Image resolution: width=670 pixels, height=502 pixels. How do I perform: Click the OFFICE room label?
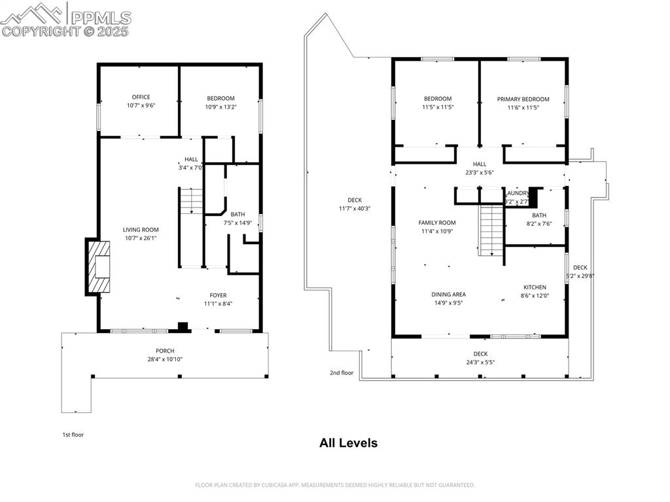[141, 97]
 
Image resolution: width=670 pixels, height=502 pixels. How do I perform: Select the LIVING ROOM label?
[141, 230]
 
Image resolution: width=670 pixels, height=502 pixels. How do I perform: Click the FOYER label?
[218, 295]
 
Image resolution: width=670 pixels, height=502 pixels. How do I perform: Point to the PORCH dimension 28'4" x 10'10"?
[165, 359]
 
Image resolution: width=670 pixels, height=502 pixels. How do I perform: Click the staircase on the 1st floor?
[191, 201]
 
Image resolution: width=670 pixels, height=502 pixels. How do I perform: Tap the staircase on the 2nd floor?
[490, 229]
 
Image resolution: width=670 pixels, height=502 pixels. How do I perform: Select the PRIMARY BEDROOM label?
[523, 99]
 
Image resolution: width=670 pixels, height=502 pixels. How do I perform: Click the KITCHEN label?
[535, 287]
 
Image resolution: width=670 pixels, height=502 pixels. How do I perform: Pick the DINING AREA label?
[448, 295]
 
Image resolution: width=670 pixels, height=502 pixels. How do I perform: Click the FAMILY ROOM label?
[437, 223]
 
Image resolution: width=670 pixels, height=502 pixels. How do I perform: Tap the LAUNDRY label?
[516, 194]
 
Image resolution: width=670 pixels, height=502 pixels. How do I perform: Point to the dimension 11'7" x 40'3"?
[355, 209]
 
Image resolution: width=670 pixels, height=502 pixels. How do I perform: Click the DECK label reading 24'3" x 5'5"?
[480, 362]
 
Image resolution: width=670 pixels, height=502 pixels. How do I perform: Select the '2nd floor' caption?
[342, 373]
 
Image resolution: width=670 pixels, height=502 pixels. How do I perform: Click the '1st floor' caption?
[73, 435]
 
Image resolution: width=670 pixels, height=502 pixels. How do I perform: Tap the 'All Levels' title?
[348, 443]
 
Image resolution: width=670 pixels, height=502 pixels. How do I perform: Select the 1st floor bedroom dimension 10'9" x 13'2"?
[220, 107]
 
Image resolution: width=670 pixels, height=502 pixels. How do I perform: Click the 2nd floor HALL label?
[480, 164]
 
